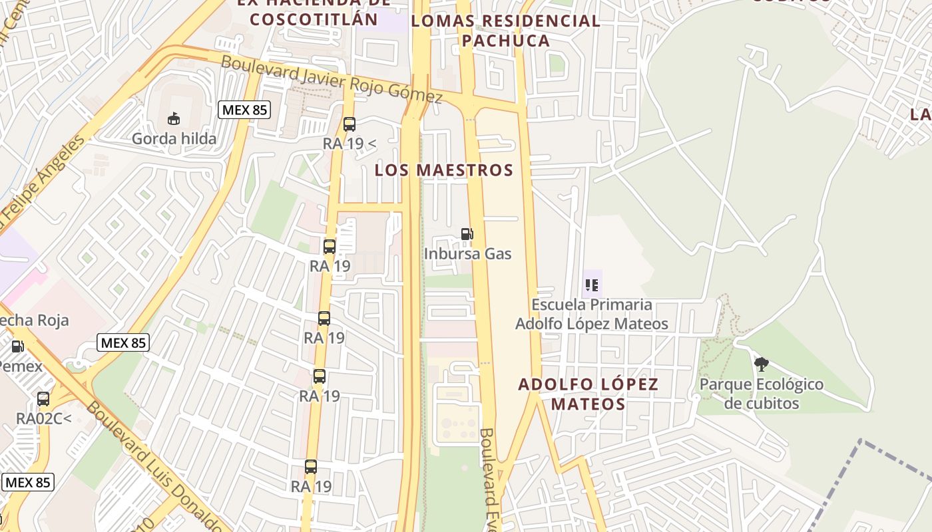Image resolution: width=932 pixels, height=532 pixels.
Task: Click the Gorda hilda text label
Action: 174,138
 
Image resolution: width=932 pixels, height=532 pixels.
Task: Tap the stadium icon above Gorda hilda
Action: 174,118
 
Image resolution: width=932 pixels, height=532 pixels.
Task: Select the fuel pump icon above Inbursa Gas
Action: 467,234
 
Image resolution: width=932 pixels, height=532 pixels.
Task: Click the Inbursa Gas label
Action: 468,253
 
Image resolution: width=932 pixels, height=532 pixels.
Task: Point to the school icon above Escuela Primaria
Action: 591,285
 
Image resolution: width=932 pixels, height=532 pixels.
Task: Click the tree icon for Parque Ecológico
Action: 762,364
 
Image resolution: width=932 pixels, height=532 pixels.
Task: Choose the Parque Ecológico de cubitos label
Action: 762,394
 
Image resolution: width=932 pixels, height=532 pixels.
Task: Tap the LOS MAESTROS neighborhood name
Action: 444,170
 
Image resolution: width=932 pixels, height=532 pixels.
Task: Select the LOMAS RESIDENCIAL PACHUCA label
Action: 506,31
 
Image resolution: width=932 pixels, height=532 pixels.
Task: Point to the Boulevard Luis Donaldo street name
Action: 153,465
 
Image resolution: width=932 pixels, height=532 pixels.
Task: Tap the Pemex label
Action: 20,366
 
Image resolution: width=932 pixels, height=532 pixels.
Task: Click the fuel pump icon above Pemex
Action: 18,346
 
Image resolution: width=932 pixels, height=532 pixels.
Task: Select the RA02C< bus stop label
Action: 43,419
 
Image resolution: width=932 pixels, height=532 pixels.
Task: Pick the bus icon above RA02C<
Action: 43,399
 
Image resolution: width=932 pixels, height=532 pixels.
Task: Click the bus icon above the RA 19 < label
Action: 349,124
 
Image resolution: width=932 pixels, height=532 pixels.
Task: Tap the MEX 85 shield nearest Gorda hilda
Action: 244,110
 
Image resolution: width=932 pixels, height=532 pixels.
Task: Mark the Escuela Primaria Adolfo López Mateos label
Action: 591,314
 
